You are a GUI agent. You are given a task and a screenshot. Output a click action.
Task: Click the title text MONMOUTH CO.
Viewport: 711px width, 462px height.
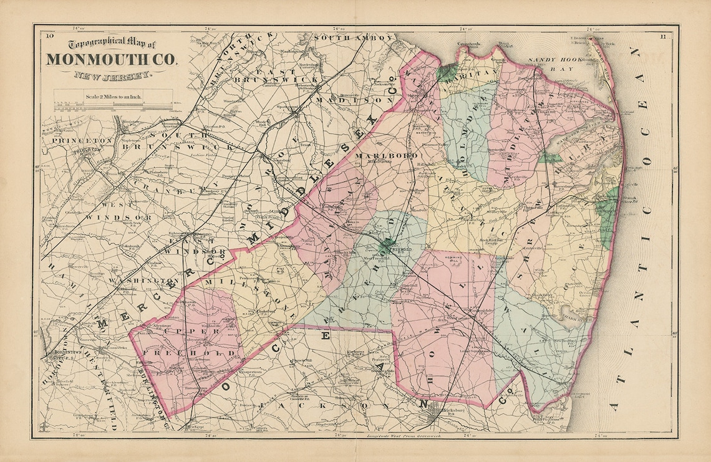click(111, 60)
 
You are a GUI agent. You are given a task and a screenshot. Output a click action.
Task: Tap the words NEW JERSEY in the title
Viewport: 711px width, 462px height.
click(111, 76)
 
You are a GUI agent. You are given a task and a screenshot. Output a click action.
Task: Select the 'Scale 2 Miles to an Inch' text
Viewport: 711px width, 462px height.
click(113, 97)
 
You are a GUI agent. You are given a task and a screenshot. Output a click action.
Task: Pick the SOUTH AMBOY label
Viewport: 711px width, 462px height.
click(354, 38)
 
